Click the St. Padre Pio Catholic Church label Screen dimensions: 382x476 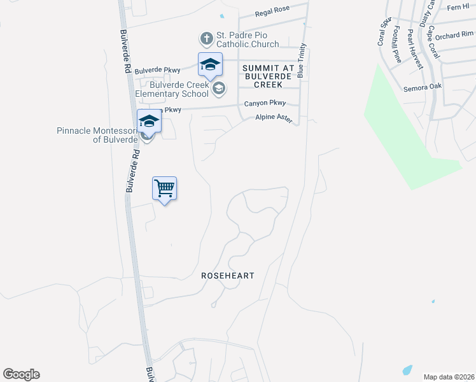tap(248, 39)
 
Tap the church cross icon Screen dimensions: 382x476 tap(206, 39)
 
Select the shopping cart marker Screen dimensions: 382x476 tap(164, 189)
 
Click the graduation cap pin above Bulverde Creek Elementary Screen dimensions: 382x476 tap(210, 65)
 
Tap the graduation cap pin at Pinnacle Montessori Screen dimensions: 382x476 tap(149, 121)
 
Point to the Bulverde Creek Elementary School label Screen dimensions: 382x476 tap(179, 89)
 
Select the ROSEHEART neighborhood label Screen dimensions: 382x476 tap(228, 276)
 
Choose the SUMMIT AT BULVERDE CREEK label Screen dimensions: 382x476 tap(267, 76)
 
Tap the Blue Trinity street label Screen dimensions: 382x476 tap(302, 60)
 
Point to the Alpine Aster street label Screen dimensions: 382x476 tap(274, 118)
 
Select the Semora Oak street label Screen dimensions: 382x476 tap(423, 88)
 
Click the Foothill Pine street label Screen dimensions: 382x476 tap(397, 44)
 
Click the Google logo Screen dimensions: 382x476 tap(21, 374)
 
